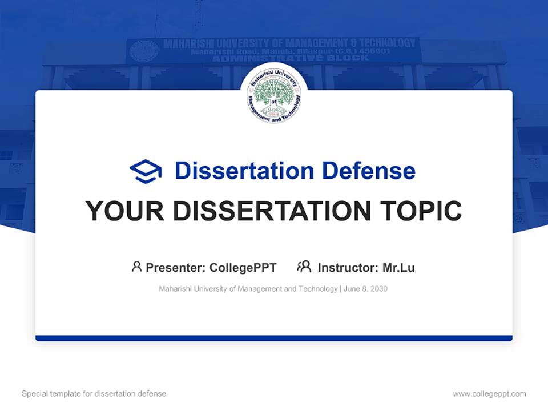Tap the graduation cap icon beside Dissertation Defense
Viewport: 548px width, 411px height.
(146, 171)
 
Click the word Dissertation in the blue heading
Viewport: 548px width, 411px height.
(244, 171)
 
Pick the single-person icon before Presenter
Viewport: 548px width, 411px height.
(136, 267)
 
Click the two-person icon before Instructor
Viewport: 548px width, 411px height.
(304, 267)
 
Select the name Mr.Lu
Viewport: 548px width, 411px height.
(398, 267)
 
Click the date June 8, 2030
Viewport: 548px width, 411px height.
(366, 289)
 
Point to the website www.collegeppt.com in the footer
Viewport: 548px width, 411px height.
(489, 394)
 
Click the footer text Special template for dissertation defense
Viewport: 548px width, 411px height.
(94, 394)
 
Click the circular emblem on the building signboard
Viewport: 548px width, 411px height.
(144, 51)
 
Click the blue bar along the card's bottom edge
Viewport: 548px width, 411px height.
(274, 338)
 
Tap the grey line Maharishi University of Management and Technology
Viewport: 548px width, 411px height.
(248, 289)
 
